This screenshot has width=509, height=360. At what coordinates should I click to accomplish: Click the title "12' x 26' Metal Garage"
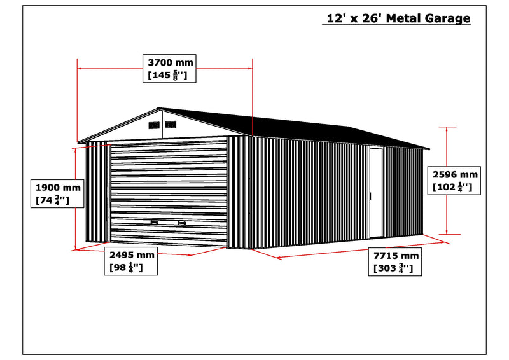[398, 18]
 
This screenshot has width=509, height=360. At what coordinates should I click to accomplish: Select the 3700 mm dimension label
[169, 69]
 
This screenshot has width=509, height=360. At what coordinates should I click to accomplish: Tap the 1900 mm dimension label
[57, 193]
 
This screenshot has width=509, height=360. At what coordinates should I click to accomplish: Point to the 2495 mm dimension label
[131, 261]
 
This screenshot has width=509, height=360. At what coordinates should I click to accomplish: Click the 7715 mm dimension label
[395, 261]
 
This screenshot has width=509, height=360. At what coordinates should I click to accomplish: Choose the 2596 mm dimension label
[454, 181]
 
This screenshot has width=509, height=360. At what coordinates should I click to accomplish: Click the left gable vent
[154, 125]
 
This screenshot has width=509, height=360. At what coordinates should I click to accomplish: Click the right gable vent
[171, 124]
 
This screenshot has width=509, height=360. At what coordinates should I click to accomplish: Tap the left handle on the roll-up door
[155, 223]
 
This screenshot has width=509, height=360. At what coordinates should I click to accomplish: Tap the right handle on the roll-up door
[182, 223]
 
